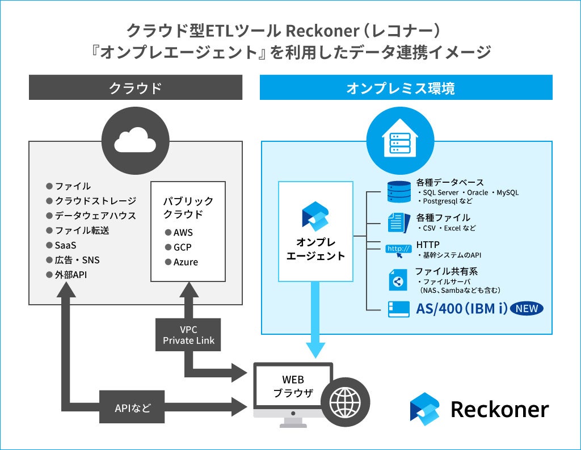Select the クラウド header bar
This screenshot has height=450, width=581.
tap(136, 88)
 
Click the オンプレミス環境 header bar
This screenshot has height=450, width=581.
tap(406, 88)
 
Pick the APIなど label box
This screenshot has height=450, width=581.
tap(132, 406)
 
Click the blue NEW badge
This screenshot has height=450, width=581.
tap(527, 309)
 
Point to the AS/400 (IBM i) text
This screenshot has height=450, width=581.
tap(461, 309)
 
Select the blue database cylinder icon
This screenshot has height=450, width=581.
tap(399, 192)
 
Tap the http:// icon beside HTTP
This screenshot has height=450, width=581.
tap(398, 250)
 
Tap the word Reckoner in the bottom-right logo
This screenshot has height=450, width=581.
tap(499, 409)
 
